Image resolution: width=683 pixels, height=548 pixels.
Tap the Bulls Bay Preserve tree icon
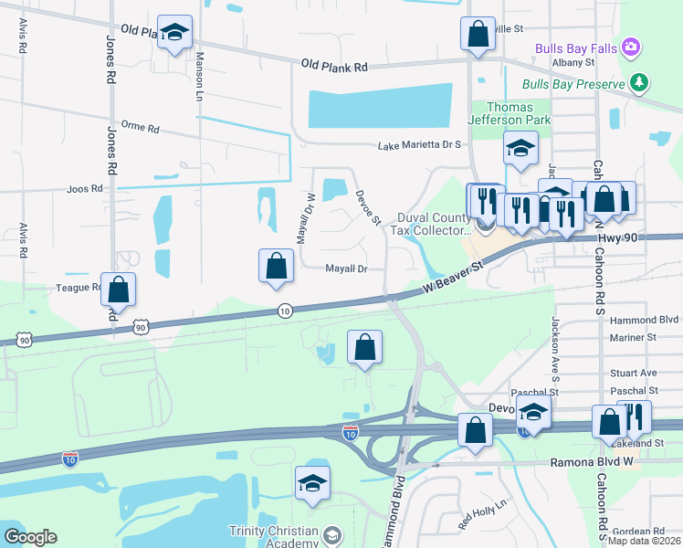(x=639, y=83)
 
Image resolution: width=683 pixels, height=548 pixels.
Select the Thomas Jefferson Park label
(x=510, y=113)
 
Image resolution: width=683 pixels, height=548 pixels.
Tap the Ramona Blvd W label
(x=590, y=462)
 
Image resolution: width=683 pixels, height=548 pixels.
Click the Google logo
(x=30, y=537)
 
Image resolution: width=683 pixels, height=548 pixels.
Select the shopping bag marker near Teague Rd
(x=118, y=290)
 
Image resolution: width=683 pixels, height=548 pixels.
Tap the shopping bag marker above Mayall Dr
(x=277, y=266)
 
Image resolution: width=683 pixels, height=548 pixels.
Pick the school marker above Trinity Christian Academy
(x=312, y=483)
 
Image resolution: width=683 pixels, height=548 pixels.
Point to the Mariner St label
(x=638, y=337)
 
